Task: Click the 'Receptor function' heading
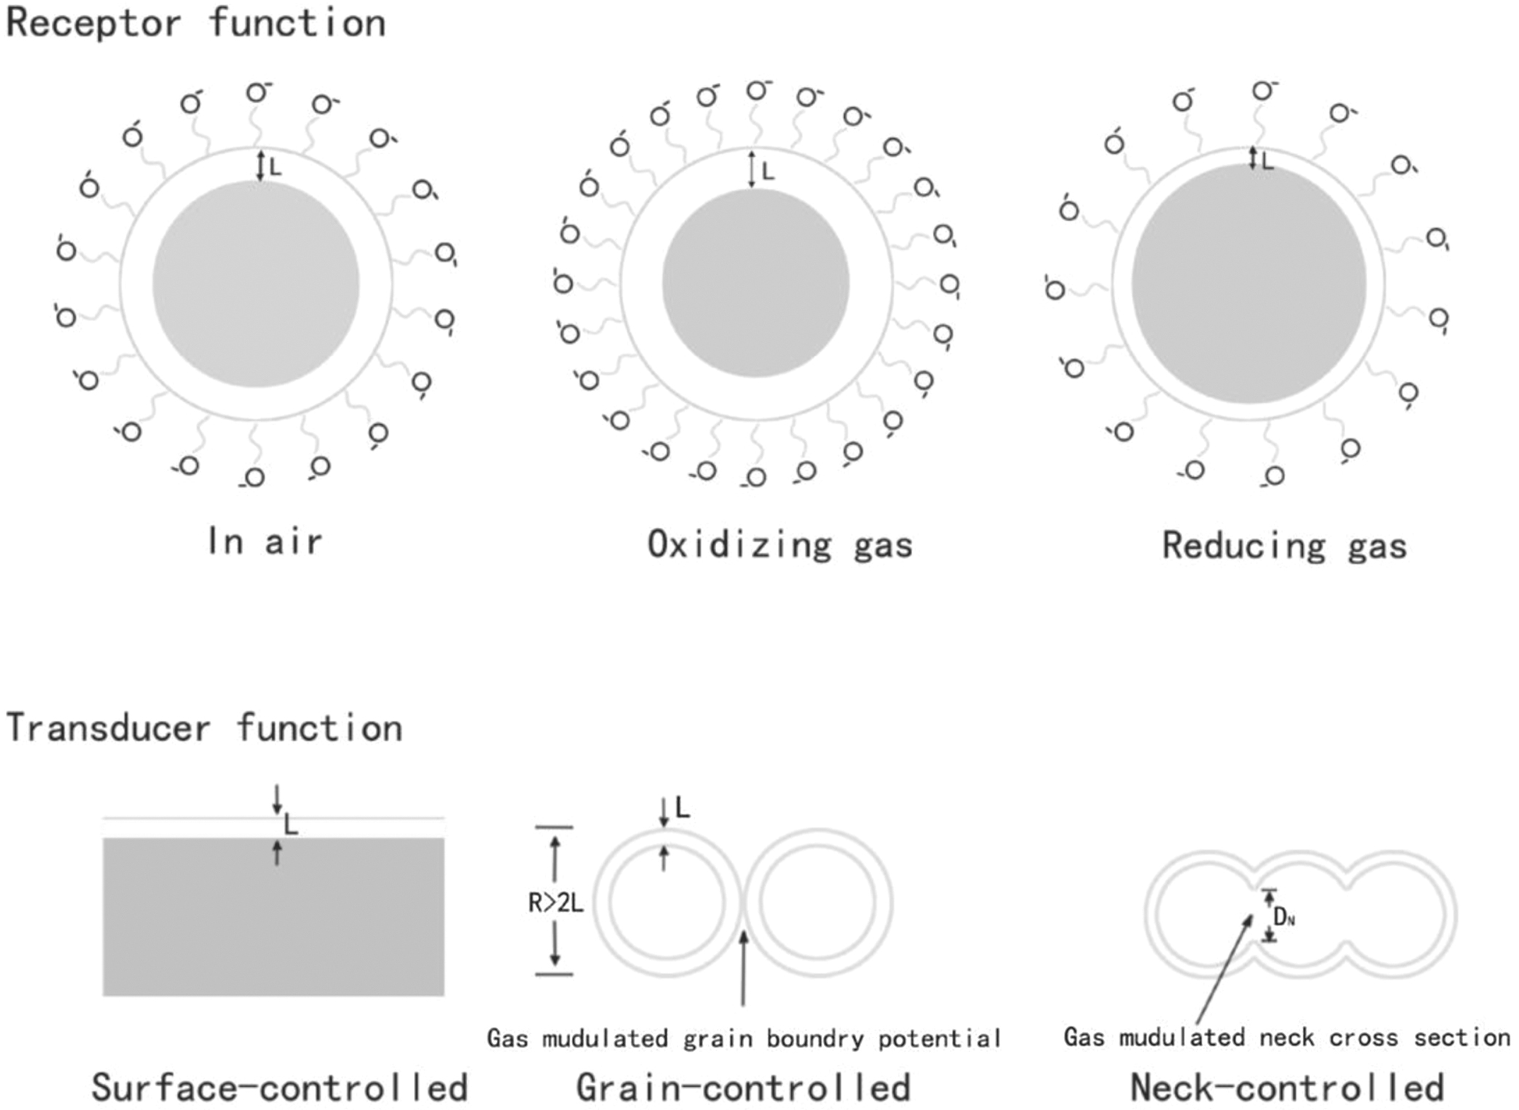pyautogui.click(x=195, y=23)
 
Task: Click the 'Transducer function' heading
pyautogui.click(x=204, y=729)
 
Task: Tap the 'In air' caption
pyautogui.click(x=264, y=542)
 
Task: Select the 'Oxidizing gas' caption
pyautogui.click(x=780, y=545)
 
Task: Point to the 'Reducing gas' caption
pyautogui.click(x=1284, y=546)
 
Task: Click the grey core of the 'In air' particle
pyautogui.click(x=255, y=284)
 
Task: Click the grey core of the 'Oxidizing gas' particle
pyautogui.click(x=755, y=284)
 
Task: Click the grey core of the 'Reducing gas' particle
pyautogui.click(x=1248, y=284)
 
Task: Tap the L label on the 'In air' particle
pyautogui.click(x=275, y=167)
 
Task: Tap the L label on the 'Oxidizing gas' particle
pyautogui.click(x=767, y=172)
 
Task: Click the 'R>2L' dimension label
pyautogui.click(x=555, y=903)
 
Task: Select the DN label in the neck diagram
pyautogui.click(x=1283, y=919)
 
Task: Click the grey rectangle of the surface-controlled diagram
pyautogui.click(x=273, y=917)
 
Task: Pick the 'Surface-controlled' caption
pyautogui.click(x=279, y=1088)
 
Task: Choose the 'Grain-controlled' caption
pyautogui.click(x=743, y=1088)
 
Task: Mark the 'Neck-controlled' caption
pyautogui.click(x=1287, y=1088)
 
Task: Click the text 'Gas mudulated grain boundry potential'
pyautogui.click(x=743, y=1038)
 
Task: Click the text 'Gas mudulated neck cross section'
pyautogui.click(x=1286, y=1037)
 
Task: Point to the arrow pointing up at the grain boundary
pyautogui.click(x=743, y=968)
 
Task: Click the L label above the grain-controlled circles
pyautogui.click(x=682, y=808)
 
